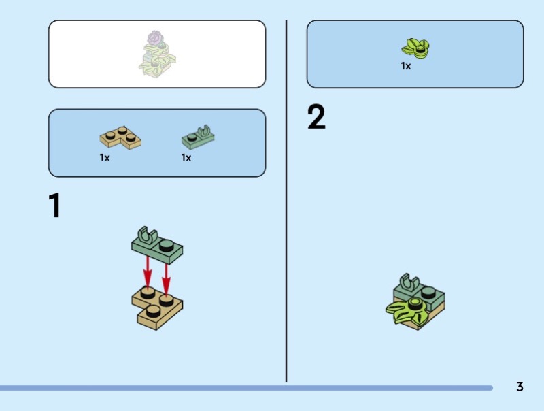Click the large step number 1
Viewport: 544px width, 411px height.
55,205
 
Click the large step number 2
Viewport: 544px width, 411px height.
316,116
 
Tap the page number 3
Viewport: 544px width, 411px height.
520,387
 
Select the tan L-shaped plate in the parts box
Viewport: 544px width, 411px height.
120,138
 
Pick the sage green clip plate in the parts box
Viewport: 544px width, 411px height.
198,137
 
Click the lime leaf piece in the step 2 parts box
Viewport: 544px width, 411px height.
415,48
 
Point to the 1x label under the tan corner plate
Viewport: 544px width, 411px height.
105,158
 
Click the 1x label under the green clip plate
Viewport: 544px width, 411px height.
186,158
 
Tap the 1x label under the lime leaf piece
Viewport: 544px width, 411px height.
405,66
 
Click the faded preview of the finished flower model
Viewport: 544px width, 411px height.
157,54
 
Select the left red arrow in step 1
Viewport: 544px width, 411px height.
148,272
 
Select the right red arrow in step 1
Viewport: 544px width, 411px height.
166,280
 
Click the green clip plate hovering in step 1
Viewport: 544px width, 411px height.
157,246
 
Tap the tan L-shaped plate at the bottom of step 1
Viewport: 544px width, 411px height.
157,307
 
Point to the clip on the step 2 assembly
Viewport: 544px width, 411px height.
409,281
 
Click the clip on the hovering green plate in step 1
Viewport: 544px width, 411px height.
148,234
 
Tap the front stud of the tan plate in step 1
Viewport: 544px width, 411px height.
153,312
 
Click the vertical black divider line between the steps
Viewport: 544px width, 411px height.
286,201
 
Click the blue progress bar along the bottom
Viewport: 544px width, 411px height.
246,388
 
